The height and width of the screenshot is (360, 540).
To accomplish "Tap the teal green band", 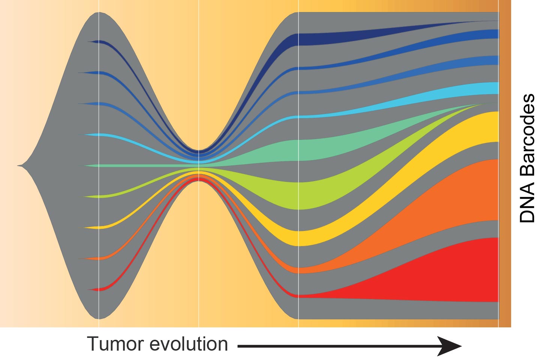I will pyautogui.click(x=307, y=150).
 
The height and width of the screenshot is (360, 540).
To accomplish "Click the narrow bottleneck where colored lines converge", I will pyautogui.click(x=199, y=165).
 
